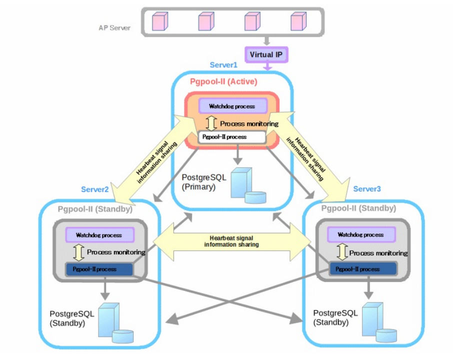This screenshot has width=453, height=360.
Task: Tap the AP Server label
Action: pyautogui.click(x=114, y=28)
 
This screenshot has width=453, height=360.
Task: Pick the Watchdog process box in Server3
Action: pyautogui.click(x=360, y=234)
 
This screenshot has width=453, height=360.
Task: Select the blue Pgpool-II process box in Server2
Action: pyautogui.click(x=98, y=269)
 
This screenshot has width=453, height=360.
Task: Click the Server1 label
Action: pyautogui.click(x=223, y=65)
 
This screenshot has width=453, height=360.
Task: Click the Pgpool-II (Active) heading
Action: pyautogui.click(x=223, y=81)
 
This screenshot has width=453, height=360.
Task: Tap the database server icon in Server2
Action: pyautogui.click(x=114, y=322)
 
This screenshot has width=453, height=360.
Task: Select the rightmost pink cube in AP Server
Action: pyautogui.click(x=298, y=21)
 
